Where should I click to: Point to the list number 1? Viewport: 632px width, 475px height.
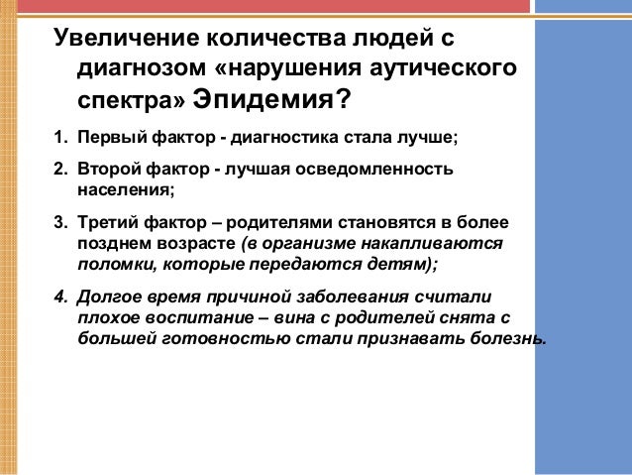coord(58,137)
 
